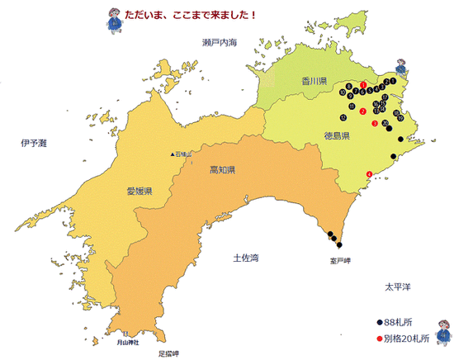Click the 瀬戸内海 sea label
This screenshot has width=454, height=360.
[x=220, y=41]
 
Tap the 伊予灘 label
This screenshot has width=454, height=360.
[x=35, y=143]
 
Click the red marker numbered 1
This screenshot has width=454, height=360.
[x=364, y=85]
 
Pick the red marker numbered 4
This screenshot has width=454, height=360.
[x=368, y=173]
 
